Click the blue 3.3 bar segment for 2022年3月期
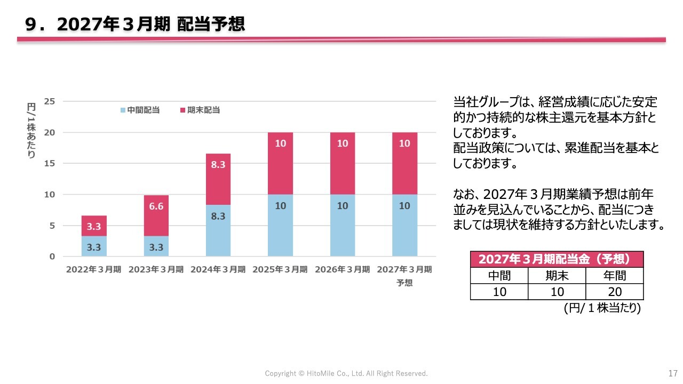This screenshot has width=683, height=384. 94,246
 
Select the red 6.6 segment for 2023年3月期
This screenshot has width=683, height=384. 156,215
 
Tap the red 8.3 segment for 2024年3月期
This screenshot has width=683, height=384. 218,179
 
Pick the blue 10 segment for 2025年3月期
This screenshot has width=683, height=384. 280,225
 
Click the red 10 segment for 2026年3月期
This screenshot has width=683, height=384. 343,163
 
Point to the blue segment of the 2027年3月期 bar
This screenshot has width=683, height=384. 404,225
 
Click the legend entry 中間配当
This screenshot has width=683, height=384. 140,110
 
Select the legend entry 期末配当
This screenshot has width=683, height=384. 200,110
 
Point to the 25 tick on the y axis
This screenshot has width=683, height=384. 50,101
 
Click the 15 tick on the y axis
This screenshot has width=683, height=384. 50,163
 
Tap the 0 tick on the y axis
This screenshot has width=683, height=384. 52,257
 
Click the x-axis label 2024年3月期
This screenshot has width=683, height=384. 218,269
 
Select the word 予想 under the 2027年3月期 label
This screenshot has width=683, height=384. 404,283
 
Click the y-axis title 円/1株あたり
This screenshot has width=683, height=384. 31,131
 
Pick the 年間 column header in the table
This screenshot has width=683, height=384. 615,276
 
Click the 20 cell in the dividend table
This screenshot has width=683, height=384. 615,292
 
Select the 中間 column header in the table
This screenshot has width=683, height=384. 499,276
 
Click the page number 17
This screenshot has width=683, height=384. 673,373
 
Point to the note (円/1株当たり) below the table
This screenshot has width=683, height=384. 602,308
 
